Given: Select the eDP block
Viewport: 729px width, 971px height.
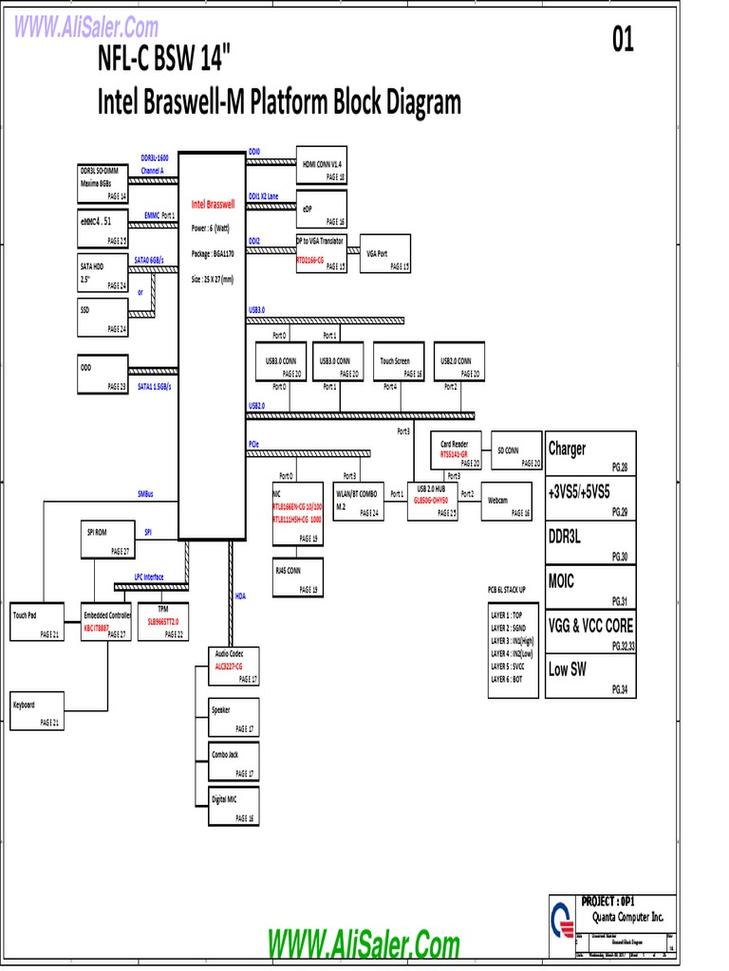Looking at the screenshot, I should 322,209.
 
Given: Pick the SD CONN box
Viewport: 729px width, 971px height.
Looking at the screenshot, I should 515,450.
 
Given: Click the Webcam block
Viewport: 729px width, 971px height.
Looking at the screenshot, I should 507,501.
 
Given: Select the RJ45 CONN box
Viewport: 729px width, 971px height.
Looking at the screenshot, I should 298,577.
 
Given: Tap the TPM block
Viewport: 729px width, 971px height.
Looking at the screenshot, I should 162,621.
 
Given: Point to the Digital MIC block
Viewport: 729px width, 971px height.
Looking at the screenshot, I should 234,805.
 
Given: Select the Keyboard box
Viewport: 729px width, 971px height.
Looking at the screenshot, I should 37,712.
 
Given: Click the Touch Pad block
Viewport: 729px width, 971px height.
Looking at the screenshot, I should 37,621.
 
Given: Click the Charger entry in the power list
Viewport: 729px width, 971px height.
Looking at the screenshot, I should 589,452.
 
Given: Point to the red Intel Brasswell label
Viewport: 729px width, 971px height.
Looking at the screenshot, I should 213,204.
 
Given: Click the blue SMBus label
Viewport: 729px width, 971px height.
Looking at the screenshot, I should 145,494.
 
